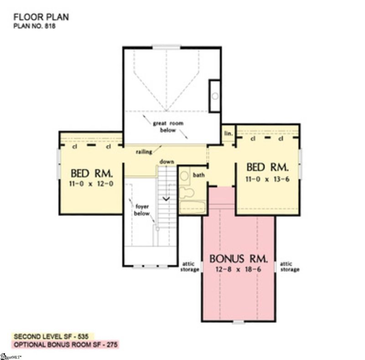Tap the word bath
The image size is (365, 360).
[x=198, y=175]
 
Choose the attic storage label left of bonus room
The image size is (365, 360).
[x=190, y=266]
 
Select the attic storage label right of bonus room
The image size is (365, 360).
[x=289, y=266]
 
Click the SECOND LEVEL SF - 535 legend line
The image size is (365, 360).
[x=53, y=335]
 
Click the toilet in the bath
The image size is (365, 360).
[x=185, y=192]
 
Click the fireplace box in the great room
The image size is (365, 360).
[x=214, y=96]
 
